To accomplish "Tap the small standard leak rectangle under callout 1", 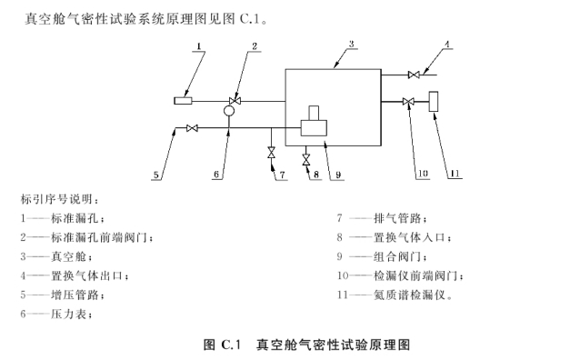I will point(185,101).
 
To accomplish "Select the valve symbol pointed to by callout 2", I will point(235,100).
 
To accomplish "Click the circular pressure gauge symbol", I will point(228,112).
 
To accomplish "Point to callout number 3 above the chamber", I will point(351,43).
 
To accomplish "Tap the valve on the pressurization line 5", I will point(191,129).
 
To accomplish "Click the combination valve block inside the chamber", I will point(315,122).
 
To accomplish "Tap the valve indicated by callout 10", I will point(408,102).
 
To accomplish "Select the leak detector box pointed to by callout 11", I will point(433,102).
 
